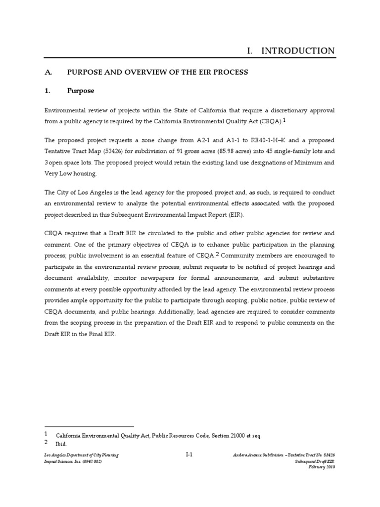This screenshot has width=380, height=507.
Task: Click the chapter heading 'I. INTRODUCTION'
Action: [x=290, y=51]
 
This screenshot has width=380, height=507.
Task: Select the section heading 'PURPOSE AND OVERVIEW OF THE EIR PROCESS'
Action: [x=157, y=72]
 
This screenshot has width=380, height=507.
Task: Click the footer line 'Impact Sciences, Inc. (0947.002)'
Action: [x=74, y=461]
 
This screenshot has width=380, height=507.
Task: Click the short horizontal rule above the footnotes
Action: [x=89, y=426]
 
